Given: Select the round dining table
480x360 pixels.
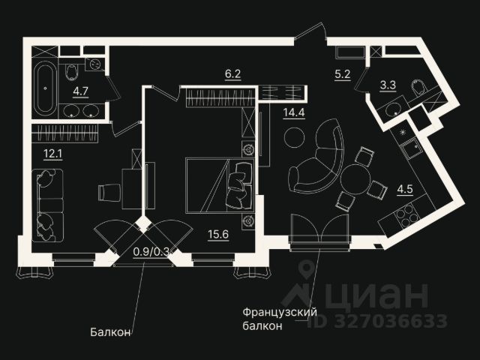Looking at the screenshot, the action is pos(356,179).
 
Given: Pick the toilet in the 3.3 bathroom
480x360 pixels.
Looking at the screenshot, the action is pos(418,90).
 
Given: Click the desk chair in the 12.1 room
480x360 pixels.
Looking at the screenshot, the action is pos(106,192).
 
